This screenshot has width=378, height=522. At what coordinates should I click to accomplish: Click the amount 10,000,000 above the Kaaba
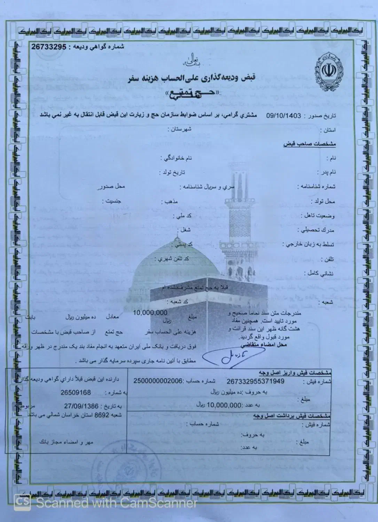(x=150, y=313)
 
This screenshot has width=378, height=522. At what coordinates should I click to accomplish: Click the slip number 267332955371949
(x=255, y=381)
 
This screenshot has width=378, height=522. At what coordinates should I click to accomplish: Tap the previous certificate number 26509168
(x=76, y=393)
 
